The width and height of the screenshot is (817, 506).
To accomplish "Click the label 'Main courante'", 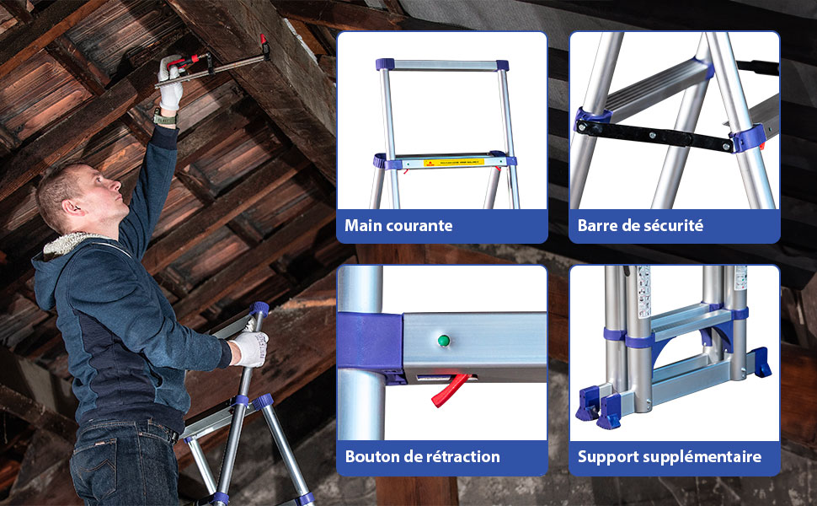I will tap(398, 225).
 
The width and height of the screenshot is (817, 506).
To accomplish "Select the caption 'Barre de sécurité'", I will tap(640, 225).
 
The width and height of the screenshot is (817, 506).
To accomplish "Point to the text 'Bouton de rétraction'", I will tap(422, 457).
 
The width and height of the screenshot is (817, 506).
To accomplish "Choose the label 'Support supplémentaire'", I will tap(670, 457).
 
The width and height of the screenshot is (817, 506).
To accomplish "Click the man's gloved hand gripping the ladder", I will tap(250, 347).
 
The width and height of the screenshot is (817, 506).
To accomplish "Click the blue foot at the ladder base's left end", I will tap(597, 407).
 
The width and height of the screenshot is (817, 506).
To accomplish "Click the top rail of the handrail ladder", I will tap(442, 64).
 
